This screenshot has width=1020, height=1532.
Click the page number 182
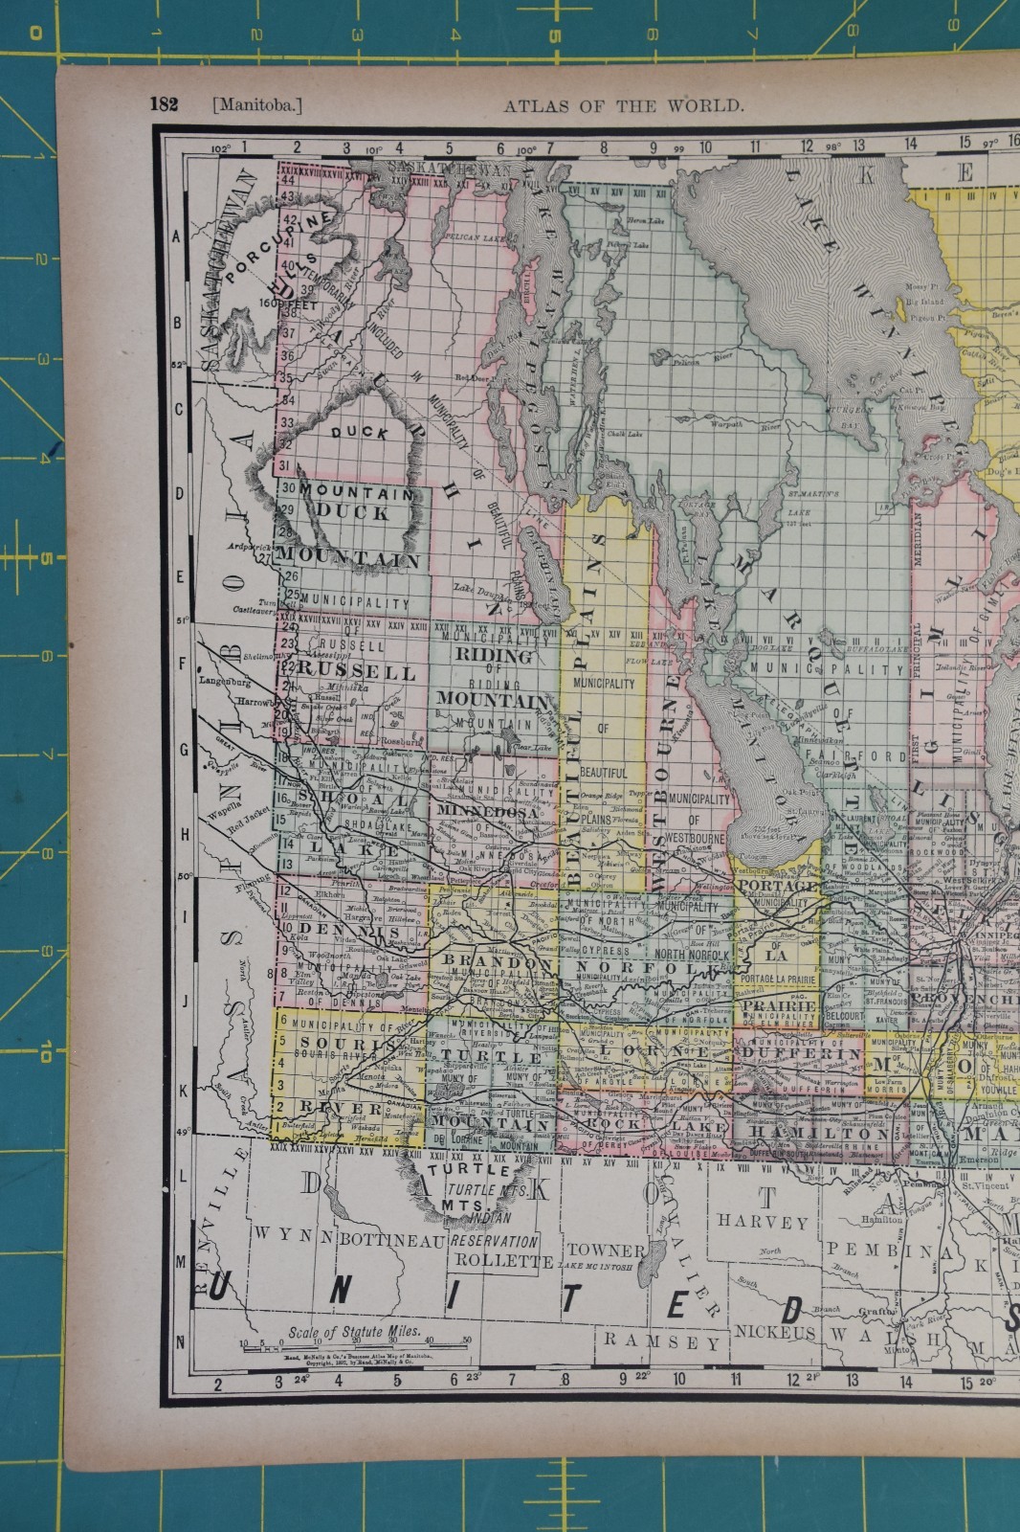[164, 104]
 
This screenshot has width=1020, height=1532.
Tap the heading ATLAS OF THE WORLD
[623, 105]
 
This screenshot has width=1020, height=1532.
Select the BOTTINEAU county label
[392, 1240]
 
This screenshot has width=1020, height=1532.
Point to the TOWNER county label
[606, 1250]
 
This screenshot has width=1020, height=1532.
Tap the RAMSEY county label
[661, 1340]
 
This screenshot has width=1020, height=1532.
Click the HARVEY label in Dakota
[763, 1223]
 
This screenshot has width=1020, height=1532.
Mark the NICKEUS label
[774, 1332]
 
